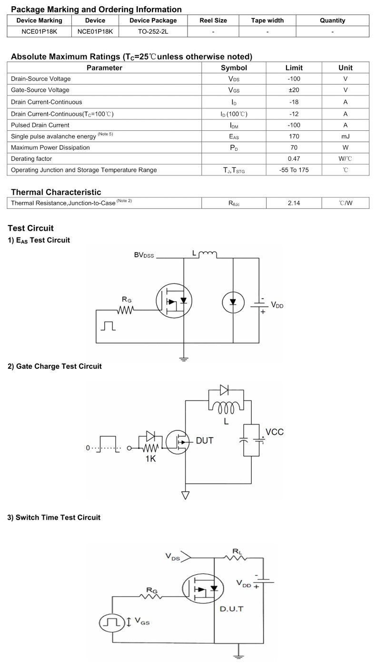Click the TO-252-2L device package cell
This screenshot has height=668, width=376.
(x=153, y=32)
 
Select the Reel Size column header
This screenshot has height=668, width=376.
(x=213, y=20)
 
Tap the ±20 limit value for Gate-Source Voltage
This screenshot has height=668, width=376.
(x=294, y=90)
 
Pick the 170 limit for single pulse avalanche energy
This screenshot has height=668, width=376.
(x=294, y=136)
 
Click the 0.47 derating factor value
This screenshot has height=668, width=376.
(x=294, y=159)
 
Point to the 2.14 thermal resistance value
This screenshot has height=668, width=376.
(x=294, y=203)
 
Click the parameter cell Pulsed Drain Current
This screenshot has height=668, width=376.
(x=40, y=125)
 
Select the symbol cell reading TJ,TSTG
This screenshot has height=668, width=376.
(x=234, y=170)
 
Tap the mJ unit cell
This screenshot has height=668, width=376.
(x=345, y=136)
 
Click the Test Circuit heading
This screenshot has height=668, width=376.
(x=30, y=228)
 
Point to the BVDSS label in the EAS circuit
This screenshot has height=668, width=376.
(x=144, y=255)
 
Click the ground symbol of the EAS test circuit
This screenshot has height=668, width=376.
(x=184, y=359)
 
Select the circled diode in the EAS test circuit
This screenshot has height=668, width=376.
(x=233, y=302)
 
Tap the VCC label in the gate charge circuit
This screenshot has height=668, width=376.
(x=274, y=432)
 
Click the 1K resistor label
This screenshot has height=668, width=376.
(x=150, y=459)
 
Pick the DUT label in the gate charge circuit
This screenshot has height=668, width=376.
(x=205, y=441)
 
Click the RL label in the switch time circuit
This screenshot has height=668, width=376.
(x=237, y=551)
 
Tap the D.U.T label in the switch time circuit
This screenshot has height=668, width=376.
(x=231, y=609)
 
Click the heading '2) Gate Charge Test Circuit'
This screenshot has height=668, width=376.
(x=54, y=366)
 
